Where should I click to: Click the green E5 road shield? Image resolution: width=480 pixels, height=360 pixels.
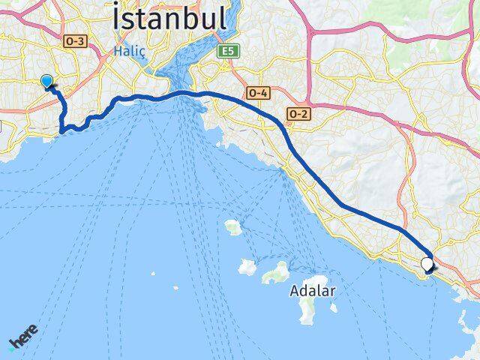coord(227,51)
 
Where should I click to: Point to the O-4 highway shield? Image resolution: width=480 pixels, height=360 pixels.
coord(257,92)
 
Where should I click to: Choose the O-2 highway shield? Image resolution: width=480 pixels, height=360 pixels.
coord(298,112)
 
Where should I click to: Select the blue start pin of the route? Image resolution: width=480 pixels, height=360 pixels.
coord(47,82)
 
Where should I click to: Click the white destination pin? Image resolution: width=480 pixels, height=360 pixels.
coord(427,264)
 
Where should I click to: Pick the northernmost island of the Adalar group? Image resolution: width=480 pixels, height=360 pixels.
coord(232,226)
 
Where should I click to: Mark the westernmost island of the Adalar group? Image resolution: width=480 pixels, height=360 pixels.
coord(247,266)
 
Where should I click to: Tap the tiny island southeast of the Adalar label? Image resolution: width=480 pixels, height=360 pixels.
coord(334,307)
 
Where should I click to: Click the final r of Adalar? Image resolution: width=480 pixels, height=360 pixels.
coord(332,292)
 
